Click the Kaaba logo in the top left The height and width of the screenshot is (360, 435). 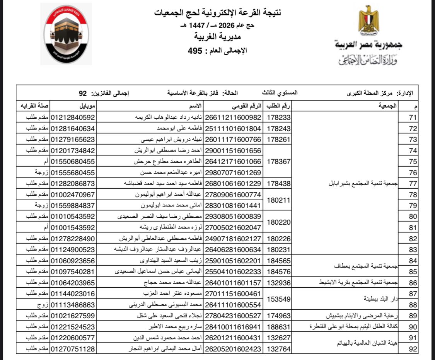tap(66, 34)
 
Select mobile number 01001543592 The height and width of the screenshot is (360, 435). tap(73, 227)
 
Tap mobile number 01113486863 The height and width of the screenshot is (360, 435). tap(73, 305)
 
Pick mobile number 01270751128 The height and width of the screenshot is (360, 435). tap(73, 349)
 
